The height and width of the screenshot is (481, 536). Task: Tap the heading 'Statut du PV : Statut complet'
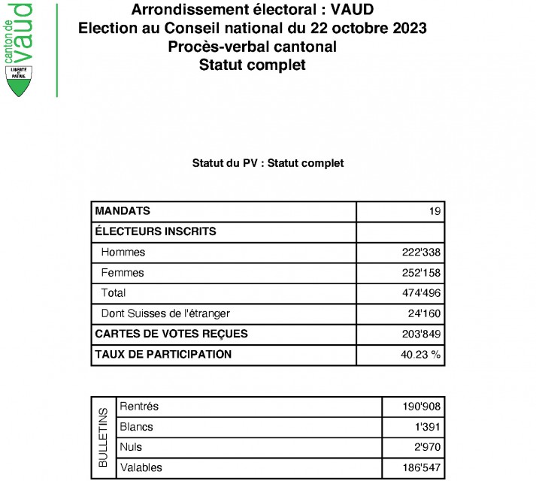point(268,163)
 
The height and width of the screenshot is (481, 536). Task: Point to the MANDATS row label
point(123,210)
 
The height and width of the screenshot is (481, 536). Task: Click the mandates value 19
point(434,212)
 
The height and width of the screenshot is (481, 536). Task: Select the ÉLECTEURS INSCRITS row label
point(156,231)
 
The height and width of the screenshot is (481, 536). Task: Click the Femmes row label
point(123,273)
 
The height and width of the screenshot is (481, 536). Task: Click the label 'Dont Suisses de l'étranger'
point(165,313)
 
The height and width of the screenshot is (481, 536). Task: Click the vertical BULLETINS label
point(103,437)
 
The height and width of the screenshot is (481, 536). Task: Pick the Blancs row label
point(136,427)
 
